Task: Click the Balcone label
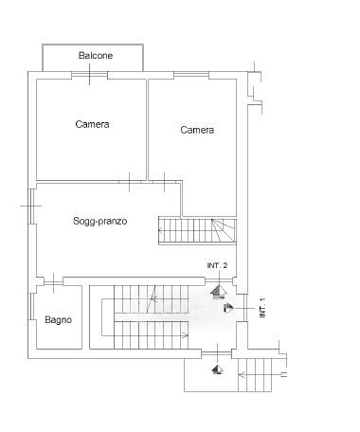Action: pyautogui.click(x=96, y=56)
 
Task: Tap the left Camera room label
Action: pyautogui.click(x=92, y=124)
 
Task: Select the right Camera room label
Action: pyautogui.click(x=197, y=130)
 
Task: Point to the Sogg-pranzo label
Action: pyautogui.click(x=100, y=221)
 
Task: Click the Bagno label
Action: pyautogui.click(x=58, y=320)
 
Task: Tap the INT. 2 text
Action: pyautogui.click(x=217, y=265)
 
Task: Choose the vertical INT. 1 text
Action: pyautogui.click(x=262, y=308)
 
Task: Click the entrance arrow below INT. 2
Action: pyautogui.click(x=218, y=292)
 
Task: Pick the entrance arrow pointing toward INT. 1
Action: pyautogui.click(x=228, y=308)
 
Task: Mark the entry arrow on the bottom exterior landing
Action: pyautogui.click(x=218, y=369)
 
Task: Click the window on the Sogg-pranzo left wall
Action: pyautogui.click(x=31, y=207)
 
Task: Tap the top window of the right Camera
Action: pyautogui.click(x=191, y=74)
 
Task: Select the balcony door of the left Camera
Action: pyautogui.click(x=89, y=75)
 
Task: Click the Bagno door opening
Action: pyautogui.click(x=53, y=280)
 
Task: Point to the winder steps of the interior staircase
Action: pyautogui.click(x=224, y=230)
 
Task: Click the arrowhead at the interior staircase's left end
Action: pyautogui.click(x=161, y=231)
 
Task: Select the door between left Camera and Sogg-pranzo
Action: pyautogui.click(x=130, y=182)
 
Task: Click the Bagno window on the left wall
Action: pyautogui.click(x=31, y=307)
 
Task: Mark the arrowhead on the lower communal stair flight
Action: pyautogui.click(x=186, y=335)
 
